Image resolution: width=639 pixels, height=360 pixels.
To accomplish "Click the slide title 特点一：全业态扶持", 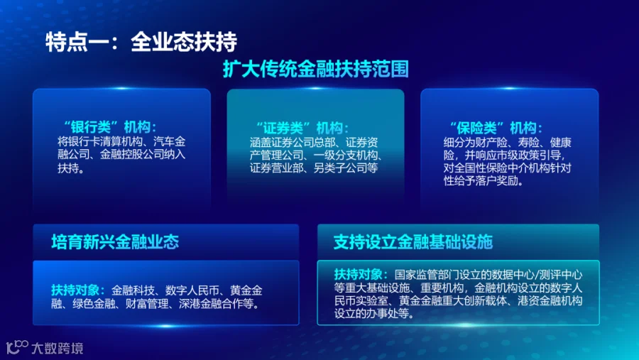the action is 141,42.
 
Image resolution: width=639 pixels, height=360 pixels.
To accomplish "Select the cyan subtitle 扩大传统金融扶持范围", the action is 316,69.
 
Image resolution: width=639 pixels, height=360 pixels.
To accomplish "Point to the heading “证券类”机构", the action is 302,128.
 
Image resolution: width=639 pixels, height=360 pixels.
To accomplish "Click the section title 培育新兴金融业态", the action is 115,241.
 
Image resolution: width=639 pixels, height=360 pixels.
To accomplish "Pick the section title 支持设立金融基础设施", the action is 413,241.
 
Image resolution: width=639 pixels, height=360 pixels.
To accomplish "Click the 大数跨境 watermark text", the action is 58,348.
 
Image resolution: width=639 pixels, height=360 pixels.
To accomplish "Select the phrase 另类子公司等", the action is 346,168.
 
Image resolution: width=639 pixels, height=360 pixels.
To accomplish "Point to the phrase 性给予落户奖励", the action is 483,180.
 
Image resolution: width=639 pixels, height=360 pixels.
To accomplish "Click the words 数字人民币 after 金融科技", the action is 192,290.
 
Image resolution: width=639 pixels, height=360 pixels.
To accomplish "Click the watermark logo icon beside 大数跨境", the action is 17,347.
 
